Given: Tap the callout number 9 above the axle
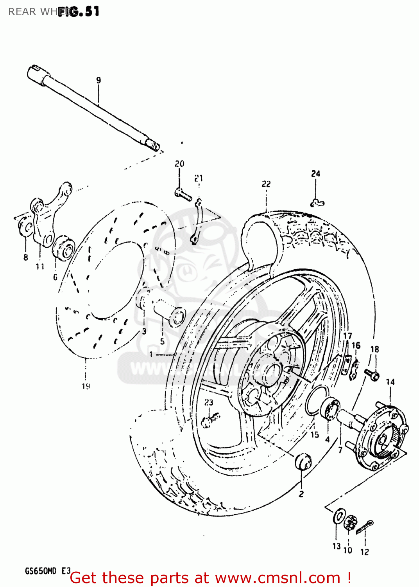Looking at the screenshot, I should (98, 80).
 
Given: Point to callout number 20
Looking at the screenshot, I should (179, 164).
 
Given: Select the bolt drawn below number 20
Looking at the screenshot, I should (183, 194).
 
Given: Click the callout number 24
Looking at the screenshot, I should (315, 173).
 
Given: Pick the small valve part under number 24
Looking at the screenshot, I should (317, 203).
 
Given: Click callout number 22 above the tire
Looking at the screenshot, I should (266, 184).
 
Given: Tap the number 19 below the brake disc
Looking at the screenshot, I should (86, 386).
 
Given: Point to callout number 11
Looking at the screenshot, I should (40, 266).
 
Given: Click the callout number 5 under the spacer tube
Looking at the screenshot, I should (162, 341).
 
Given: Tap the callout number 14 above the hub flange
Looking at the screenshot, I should (390, 382).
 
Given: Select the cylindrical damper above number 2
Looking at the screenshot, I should (303, 461).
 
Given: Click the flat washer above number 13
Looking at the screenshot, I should (338, 517).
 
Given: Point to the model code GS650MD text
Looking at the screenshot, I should (41, 571).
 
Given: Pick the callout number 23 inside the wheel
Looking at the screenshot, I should (209, 402).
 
